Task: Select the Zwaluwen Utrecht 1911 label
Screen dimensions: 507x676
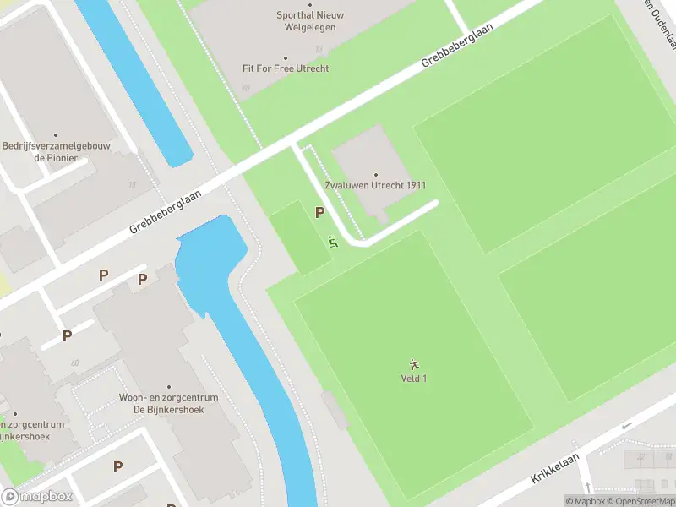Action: [375, 185]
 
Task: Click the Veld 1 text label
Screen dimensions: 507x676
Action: [413, 378]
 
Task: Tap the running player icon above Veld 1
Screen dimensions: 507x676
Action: [413, 364]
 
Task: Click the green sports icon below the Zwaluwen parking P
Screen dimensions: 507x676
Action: [332, 242]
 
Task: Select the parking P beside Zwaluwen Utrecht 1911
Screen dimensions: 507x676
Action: [320, 213]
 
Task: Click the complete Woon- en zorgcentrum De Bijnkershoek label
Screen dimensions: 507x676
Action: [168, 403]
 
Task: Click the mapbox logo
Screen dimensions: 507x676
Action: [37, 497]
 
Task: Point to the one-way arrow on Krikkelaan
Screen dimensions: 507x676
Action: [626, 425]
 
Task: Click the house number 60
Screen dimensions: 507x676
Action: [75, 363]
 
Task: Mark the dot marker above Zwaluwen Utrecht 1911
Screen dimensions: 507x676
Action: [375, 175]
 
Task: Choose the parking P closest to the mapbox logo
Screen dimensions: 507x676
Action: [117, 466]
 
